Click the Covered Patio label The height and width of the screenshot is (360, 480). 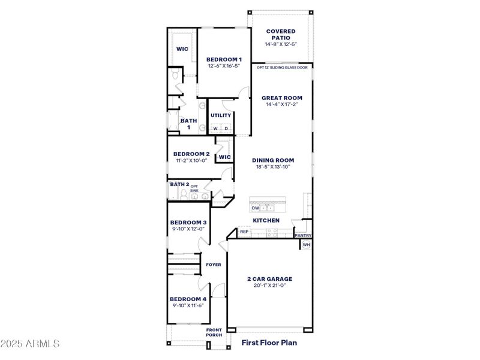(x=281, y=34)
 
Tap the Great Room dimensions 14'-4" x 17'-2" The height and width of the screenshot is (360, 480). (x=281, y=104)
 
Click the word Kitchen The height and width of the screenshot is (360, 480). (x=266, y=221)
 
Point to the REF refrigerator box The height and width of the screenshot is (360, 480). (x=244, y=232)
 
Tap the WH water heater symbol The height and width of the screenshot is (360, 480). (x=306, y=245)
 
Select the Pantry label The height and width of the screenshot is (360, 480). (x=303, y=236)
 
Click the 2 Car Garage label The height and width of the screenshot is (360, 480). (x=269, y=279)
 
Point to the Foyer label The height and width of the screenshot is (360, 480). (x=214, y=265)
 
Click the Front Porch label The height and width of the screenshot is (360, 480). (x=214, y=332)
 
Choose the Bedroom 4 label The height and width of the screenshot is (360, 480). (x=187, y=299)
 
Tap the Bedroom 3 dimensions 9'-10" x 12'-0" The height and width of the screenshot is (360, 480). (x=187, y=229)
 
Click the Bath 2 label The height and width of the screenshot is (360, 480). (x=179, y=184)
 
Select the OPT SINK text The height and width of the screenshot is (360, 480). (x=194, y=188)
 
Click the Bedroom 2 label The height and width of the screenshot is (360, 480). (x=191, y=154)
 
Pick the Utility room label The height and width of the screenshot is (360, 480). (x=221, y=115)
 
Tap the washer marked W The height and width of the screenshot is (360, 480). (x=215, y=128)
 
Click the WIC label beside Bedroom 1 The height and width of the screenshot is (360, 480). (x=182, y=49)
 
